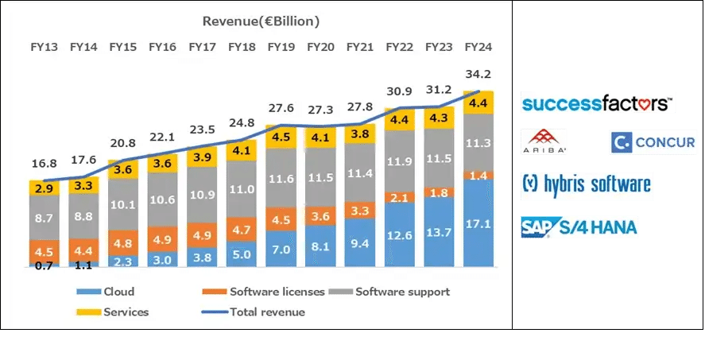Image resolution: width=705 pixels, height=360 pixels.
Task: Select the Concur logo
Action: click(x=653, y=143)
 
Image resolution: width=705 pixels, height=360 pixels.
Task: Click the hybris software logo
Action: click(x=587, y=185)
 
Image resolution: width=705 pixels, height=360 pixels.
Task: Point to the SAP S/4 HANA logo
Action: click(x=579, y=227)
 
